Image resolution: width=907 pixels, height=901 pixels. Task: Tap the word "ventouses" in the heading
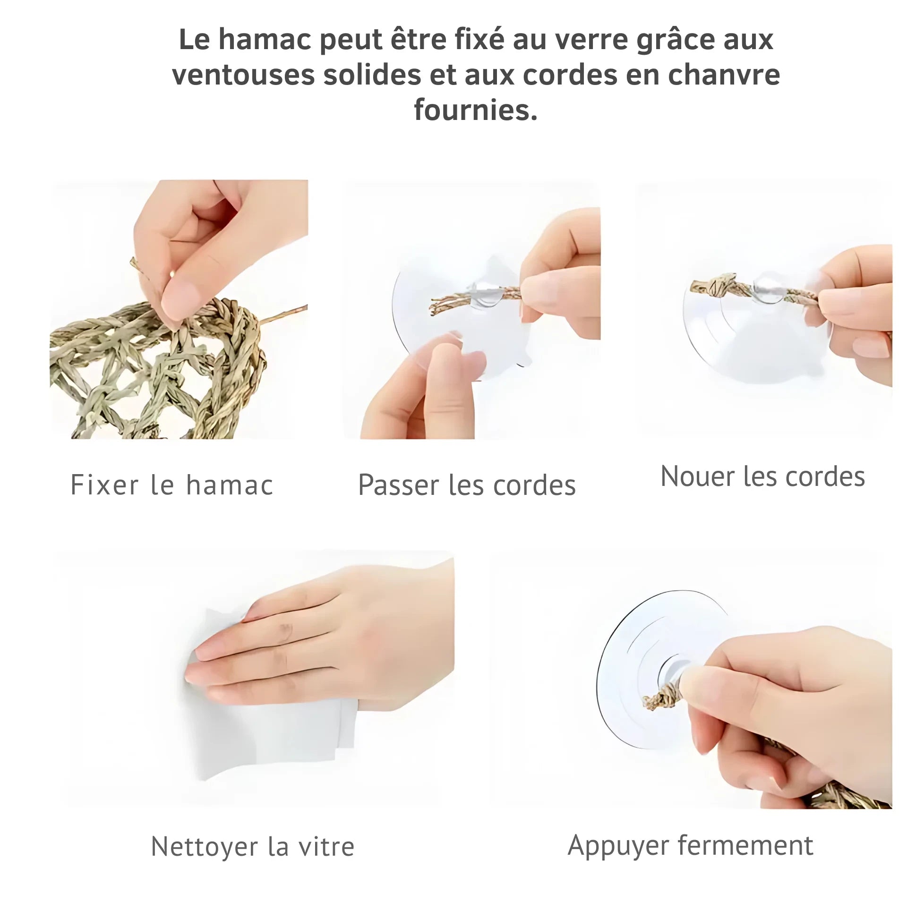(x=243, y=75)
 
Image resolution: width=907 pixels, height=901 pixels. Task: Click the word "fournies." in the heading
(x=476, y=110)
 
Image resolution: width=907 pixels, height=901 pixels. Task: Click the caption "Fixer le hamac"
(x=172, y=485)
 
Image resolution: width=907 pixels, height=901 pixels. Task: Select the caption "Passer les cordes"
(x=467, y=485)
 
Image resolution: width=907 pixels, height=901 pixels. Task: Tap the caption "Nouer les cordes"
(x=762, y=476)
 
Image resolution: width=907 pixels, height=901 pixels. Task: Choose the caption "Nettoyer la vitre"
(x=253, y=846)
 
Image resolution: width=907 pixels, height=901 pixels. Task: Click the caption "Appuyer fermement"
(x=691, y=846)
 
